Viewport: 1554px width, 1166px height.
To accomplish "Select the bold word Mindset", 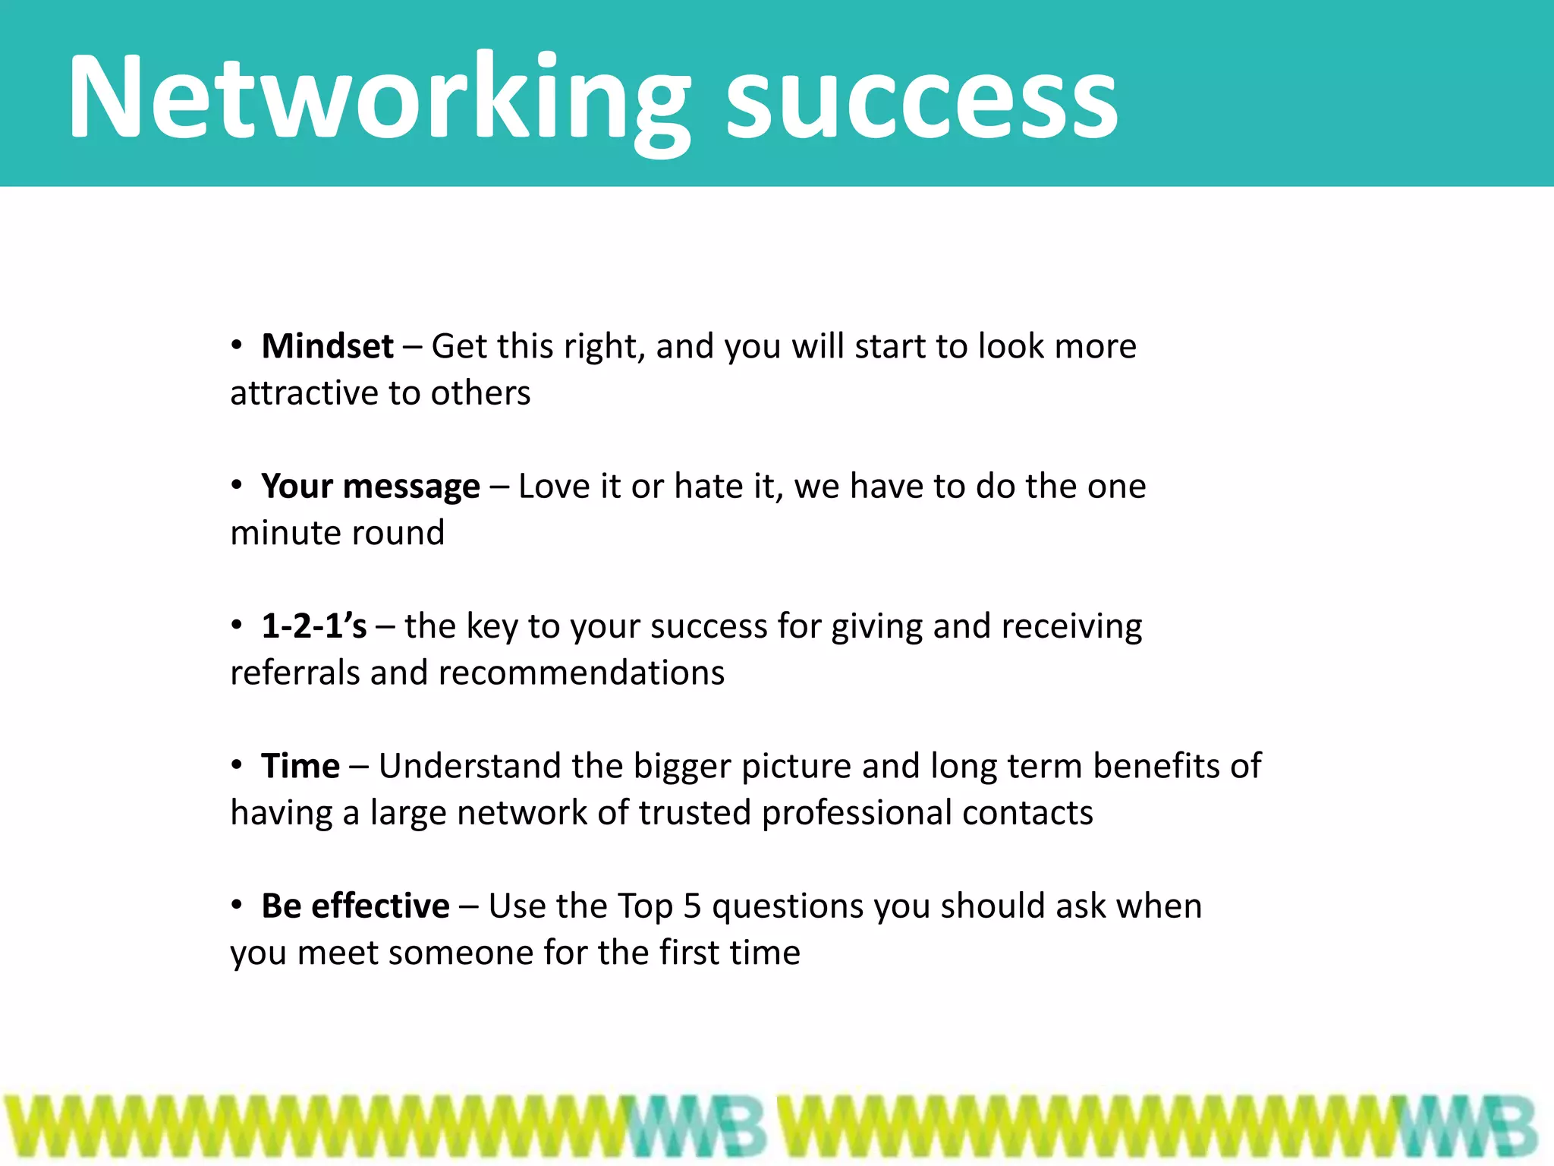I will [x=327, y=347].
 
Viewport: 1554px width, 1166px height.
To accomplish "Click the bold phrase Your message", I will [x=370, y=487].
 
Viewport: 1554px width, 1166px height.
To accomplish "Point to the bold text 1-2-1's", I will [x=313, y=626].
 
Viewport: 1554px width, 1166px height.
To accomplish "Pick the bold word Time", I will [x=300, y=766].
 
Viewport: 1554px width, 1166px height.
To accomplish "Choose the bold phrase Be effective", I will [x=355, y=906].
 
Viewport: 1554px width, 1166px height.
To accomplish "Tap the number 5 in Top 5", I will [x=692, y=906].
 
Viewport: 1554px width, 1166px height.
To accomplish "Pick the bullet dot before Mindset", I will [x=237, y=345].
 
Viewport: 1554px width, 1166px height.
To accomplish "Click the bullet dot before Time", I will [x=237, y=764].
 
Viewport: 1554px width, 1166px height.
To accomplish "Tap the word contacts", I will [x=1027, y=813].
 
